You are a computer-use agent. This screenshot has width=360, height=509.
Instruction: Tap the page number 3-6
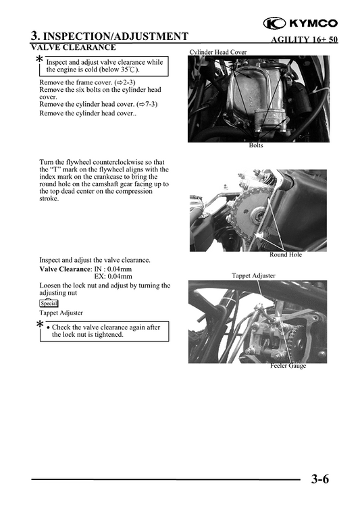pyautogui.click(x=320, y=480)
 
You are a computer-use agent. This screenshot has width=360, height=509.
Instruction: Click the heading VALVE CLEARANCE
pyautogui.click(x=73, y=48)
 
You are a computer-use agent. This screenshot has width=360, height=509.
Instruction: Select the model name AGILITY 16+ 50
pyautogui.click(x=304, y=40)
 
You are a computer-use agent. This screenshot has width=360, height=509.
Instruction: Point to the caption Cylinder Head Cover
pyautogui.click(x=217, y=52)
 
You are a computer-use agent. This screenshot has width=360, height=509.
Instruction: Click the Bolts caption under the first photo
pyautogui.click(x=256, y=146)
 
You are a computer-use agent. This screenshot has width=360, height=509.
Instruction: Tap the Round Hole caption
pyautogui.click(x=286, y=254)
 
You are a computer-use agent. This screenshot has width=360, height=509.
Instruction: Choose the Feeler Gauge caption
pyautogui.click(x=288, y=366)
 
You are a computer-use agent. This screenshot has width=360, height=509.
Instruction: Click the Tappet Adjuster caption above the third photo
pyautogui.click(x=253, y=275)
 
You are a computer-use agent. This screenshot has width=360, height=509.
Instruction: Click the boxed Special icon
pyautogui.click(x=49, y=303)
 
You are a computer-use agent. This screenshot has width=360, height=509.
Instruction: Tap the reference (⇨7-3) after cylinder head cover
pyautogui.click(x=147, y=105)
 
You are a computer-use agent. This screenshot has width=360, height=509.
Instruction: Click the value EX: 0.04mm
pyautogui.click(x=113, y=277)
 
